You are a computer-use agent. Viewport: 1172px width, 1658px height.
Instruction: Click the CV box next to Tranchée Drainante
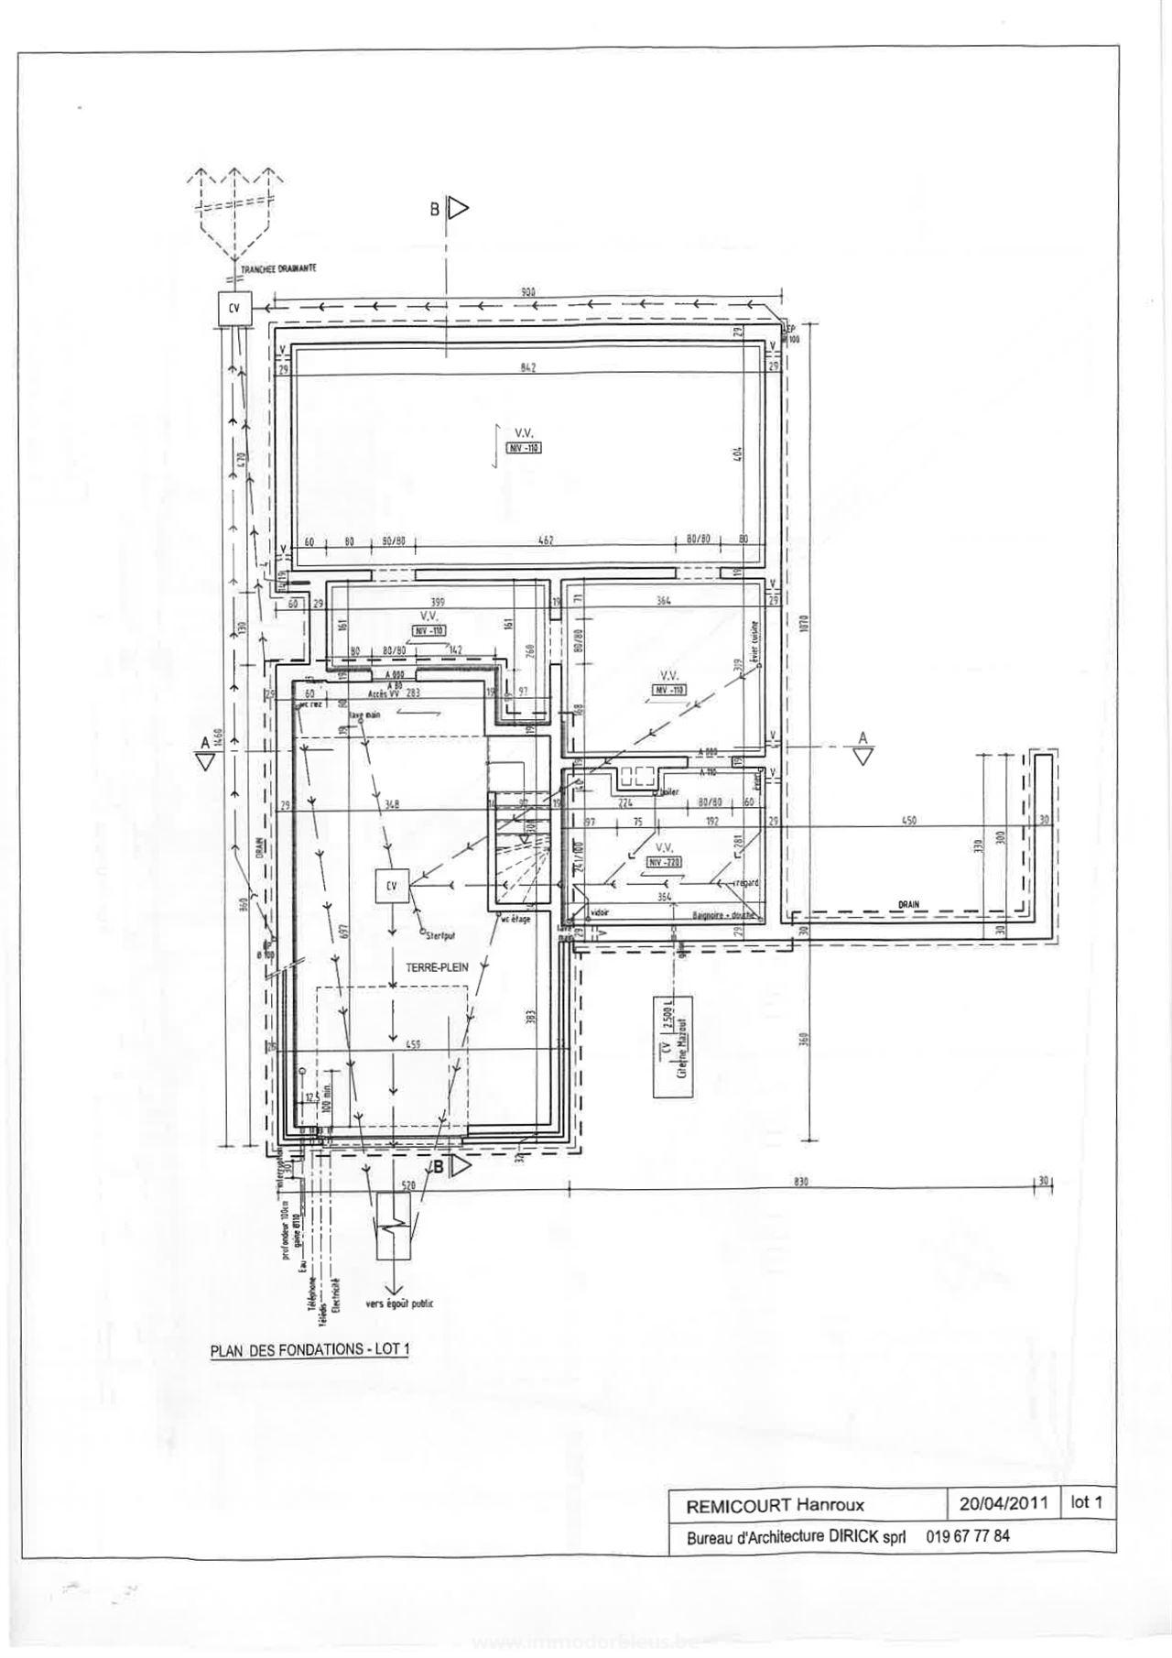pyautogui.click(x=233, y=309)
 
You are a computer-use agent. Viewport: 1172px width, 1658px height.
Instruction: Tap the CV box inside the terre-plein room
pyautogui.click(x=392, y=886)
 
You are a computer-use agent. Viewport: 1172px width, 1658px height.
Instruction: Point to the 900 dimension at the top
pyautogui.click(x=528, y=292)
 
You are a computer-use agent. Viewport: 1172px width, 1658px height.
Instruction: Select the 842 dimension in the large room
pyautogui.click(x=527, y=367)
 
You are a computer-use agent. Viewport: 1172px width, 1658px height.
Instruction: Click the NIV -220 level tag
pyautogui.click(x=665, y=862)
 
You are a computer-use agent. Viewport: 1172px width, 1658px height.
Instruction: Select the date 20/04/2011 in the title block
pyautogui.click(x=1003, y=1503)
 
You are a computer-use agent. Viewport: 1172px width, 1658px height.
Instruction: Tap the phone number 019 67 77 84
pyautogui.click(x=968, y=1536)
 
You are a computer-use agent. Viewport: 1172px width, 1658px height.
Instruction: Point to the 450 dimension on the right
pyautogui.click(x=908, y=821)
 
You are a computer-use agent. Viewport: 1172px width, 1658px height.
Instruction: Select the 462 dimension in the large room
pyautogui.click(x=546, y=540)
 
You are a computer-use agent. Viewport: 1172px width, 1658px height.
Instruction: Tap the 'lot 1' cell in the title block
pyautogui.click(x=1087, y=1502)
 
